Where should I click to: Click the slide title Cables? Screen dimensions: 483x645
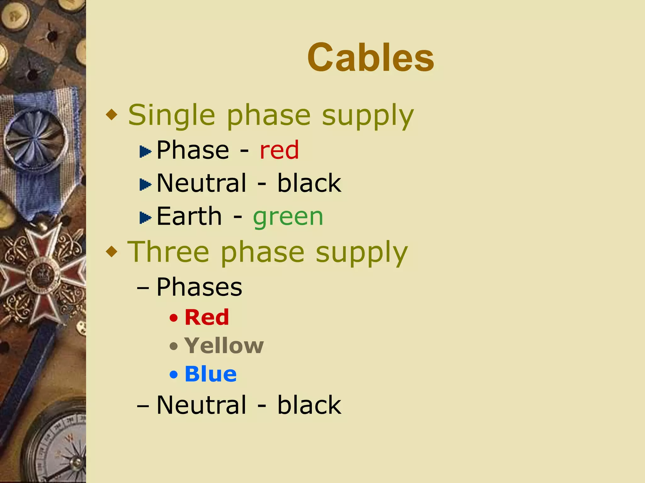371,58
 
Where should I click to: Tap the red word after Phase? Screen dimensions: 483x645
279,150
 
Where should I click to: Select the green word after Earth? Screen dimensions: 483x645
288,217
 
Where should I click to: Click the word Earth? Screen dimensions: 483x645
189,216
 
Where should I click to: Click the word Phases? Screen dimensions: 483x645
199,287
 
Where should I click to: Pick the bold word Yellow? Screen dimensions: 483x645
224,346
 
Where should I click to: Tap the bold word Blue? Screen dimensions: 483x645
210,374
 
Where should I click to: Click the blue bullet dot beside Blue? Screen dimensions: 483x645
174,375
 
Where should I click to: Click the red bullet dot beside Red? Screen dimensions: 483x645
174,318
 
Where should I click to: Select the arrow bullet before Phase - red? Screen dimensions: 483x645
145,152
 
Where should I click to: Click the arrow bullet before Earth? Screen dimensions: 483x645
145,218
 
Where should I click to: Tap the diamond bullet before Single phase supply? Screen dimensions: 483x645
112,115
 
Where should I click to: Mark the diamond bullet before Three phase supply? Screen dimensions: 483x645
112,252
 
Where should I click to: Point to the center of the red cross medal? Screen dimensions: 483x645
43,274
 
